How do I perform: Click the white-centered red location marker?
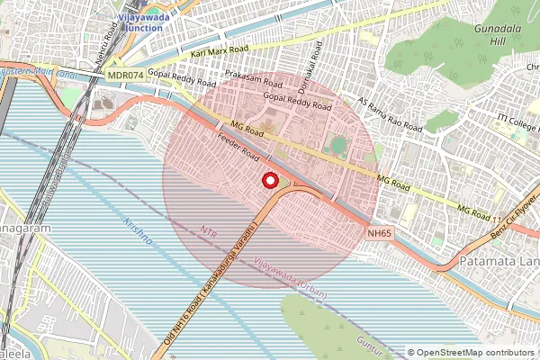point(269,180)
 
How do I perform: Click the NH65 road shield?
point(380,233)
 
